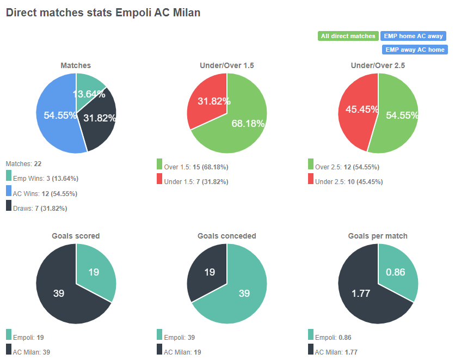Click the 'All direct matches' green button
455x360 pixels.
click(x=348, y=36)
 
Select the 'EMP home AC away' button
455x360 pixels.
click(x=413, y=36)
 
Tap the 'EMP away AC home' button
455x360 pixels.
click(x=415, y=50)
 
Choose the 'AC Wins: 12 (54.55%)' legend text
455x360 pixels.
click(x=45, y=193)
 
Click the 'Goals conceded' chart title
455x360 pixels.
click(x=226, y=236)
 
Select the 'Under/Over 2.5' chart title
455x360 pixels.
click(x=378, y=65)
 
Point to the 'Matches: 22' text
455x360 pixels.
click(x=23, y=163)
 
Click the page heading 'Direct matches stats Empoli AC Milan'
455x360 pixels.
click(x=103, y=13)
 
